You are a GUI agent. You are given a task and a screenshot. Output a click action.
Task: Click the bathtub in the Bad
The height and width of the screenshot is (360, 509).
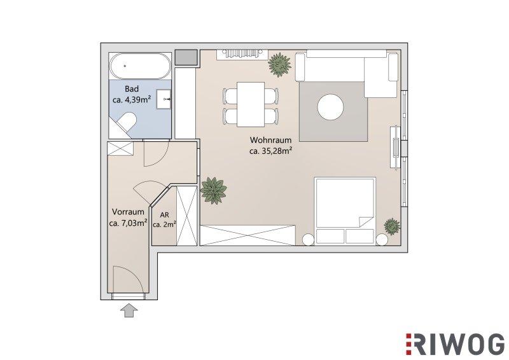[x=140, y=66]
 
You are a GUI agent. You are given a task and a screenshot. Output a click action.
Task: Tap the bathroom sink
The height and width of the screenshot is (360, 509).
[x=164, y=99]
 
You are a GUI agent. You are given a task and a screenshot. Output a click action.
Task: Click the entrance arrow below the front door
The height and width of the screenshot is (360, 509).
[x=129, y=310]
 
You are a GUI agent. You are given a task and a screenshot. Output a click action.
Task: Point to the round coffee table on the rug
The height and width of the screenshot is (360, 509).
[x=330, y=107]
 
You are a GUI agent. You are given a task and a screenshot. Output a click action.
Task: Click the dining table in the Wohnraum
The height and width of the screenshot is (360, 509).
[x=251, y=104]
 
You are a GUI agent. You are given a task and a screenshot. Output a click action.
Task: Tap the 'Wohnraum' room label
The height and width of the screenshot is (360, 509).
[x=271, y=140]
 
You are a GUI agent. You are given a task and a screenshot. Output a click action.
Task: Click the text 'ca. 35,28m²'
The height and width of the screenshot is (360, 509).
[x=272, y=151]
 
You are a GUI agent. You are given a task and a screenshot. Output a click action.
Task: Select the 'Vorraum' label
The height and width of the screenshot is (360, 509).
[x=128, y=212]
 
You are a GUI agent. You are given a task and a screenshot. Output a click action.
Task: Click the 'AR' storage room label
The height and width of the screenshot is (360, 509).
[x=165, y=215]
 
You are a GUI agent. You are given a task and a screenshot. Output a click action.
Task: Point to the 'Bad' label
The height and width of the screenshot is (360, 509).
[x=132, y=89]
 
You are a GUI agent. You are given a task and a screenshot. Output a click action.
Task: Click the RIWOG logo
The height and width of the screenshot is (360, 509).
[x=456, y=344]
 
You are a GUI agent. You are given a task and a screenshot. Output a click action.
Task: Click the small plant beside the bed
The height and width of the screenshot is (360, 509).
[x=392, y=226]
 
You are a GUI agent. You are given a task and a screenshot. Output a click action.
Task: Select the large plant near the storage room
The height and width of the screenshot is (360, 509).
[x=213, y=191]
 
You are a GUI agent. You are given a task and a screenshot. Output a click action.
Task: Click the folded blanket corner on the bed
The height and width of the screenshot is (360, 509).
[x=365, y=221]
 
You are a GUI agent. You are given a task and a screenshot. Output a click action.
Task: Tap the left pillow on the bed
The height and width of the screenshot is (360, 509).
[x=330, y=236]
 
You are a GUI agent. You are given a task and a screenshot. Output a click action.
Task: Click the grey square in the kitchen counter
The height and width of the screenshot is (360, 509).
[x=186, y=57]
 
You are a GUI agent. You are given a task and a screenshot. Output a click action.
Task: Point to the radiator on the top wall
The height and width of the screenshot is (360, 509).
[x=242, y=54]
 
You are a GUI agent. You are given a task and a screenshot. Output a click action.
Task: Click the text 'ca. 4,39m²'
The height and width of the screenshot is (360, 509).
[x=132, y=100]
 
